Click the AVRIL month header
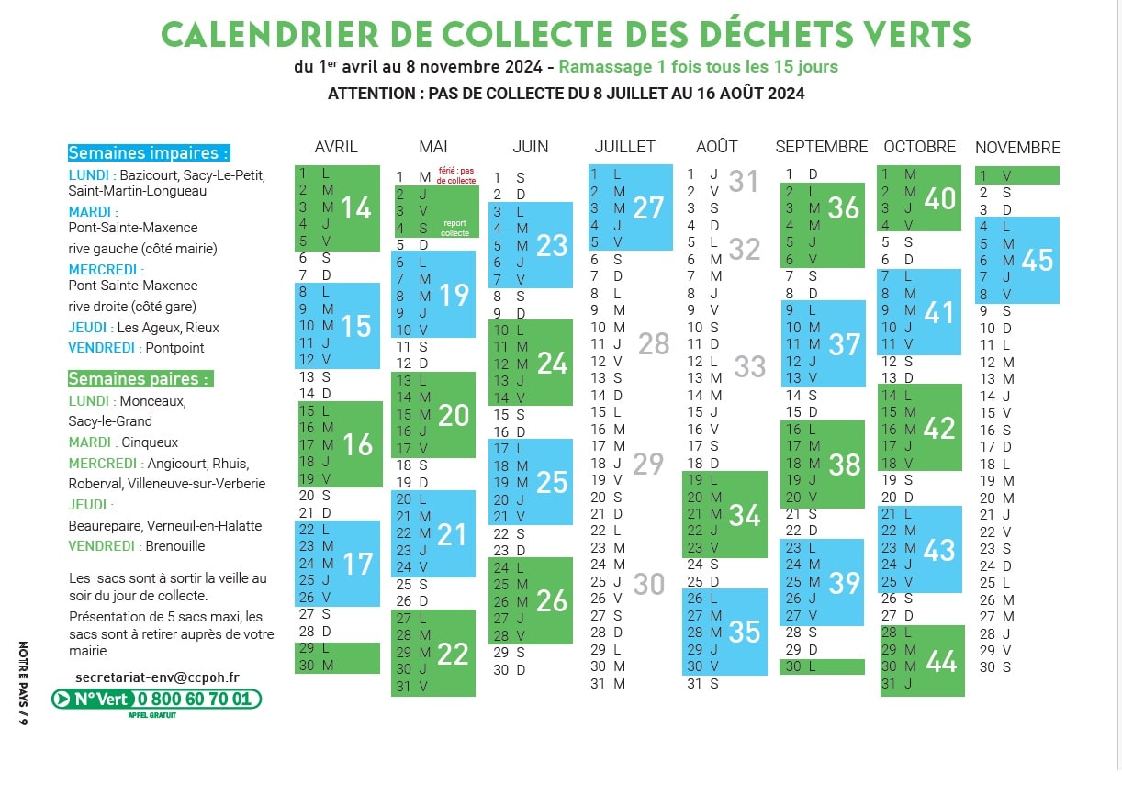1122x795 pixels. (x=336, y=147)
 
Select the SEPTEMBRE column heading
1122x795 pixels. (x=821, y=147)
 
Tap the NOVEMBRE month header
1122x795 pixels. (x=1017, y=148)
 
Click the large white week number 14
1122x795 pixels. (x=355, y=208)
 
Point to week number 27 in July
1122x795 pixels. (x=648, y=207)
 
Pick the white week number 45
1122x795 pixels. (x=1037, y=261)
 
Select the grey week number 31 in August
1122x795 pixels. (x=744, y=182)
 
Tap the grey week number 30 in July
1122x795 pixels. (x=648, y=584)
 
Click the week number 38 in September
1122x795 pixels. (x=844, y=465)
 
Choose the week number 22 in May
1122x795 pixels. (x=453, y=654)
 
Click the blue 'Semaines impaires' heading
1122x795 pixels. (x=148, y=153)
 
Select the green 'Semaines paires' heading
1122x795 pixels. (x=140, y=378)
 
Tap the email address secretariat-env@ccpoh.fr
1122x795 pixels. (x=157, y=677)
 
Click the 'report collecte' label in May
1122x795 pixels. (x=454, y=228)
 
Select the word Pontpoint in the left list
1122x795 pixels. (x=174, y=348)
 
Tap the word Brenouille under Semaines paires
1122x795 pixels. (x=175, y=546)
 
